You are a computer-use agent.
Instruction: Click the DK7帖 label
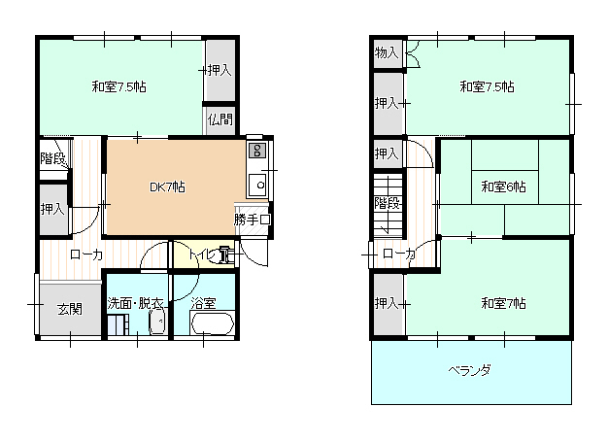point(167,187)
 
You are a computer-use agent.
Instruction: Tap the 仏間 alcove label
point(220,119)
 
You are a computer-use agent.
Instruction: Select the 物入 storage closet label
point(387,52)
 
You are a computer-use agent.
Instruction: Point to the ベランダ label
point(469,370)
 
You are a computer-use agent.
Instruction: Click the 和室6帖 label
point(503,187)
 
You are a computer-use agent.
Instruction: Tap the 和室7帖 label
point(503,303)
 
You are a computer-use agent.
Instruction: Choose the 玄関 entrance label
point(70,309)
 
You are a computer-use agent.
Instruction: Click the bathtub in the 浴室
point(212,323)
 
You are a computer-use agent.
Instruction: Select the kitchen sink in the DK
point(257,185)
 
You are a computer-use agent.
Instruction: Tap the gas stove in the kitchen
point(257,151)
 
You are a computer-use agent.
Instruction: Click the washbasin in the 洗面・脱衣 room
point(157,321)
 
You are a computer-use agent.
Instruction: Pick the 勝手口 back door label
point(253,220)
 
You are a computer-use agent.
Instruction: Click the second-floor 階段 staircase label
point(387,202)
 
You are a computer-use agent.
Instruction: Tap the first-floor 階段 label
point(52,158)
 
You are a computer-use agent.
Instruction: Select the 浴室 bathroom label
point(203,303)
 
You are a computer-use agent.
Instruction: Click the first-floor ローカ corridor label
point(86,254)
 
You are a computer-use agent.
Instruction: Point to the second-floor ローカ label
point(399,254)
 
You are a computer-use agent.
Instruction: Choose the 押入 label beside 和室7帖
point(387,303)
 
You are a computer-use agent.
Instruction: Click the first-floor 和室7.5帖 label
point(118,86)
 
